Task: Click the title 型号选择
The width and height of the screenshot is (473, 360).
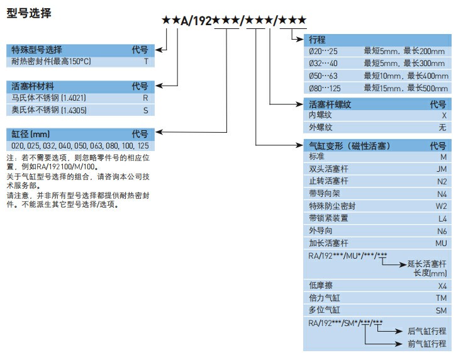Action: pos(29,13)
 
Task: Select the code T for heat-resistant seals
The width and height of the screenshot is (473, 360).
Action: pos(145,62)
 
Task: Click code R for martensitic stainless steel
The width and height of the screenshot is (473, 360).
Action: pos(145,98)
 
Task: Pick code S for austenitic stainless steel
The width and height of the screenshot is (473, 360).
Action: pos(145,110)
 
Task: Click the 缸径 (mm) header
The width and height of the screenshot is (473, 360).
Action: pos(31,134)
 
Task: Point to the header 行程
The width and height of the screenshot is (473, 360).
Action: pos(318,39)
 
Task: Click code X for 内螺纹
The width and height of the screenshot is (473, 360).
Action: pos(443,116)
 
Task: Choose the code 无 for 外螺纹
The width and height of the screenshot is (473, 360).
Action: pos(442,128)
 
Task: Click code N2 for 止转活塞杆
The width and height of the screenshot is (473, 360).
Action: pos(442,181)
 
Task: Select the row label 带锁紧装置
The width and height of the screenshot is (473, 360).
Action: pos(328,218)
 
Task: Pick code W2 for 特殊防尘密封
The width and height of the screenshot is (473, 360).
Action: pos(442,206)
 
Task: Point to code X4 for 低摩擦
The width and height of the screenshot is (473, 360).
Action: pos(442,286)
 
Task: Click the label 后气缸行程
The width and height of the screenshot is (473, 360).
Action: pos(427,331)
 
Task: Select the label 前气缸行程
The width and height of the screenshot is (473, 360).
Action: pos(427,344)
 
